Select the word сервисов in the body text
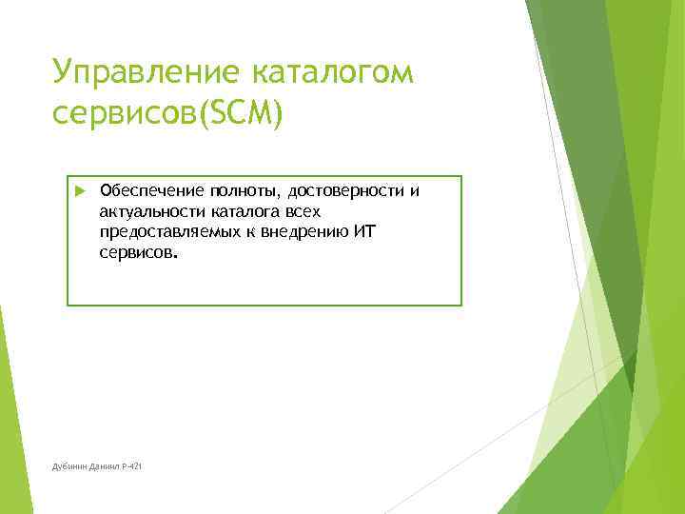click(136, 254)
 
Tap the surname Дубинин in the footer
click(70, 465)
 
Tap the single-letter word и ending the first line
click(414, 190)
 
